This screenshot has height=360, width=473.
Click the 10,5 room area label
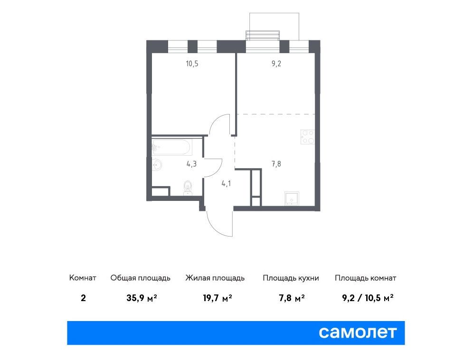click(x=192, y=64)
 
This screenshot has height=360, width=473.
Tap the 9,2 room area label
click(x=276, y=64)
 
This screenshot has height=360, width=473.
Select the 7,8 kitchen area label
click(x=276, y=164)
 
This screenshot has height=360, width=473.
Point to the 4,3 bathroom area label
click(x=191, y=164)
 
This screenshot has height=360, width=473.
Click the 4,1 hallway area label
click(x=226, y=183)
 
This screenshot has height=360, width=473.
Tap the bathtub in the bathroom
click(x=172, y=147)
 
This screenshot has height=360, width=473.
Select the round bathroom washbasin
click(x=157, y=165)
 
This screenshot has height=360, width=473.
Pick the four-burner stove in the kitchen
click(x=308, y=137)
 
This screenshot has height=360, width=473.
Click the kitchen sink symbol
click(x=292, y=198)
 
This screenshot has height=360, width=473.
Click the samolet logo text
click(x=358, y=332)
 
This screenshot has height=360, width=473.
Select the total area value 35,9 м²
click(x=142, y=298)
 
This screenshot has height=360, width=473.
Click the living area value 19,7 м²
click(x=217, y=298)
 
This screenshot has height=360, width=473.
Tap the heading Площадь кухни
click(x=291, y=278)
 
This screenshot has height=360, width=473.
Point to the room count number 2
click(x=83, y=298)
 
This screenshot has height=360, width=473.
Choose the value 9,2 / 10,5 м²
click(x=368, y=298)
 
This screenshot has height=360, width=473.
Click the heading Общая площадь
click(x=140, y=278)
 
